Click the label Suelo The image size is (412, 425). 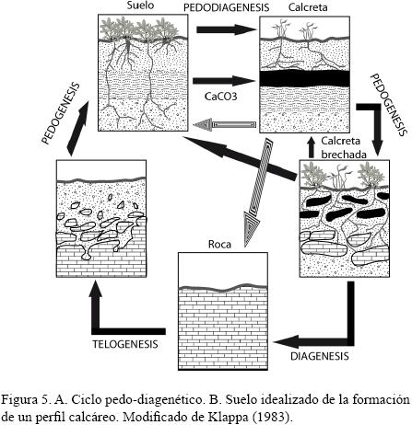pos(140,6)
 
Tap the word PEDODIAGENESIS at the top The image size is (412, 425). pos(226,7)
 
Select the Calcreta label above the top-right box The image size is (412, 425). pos(308,7)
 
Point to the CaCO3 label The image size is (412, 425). pos(221,97)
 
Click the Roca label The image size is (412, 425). pos(219,244)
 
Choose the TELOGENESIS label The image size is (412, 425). pos(125,344)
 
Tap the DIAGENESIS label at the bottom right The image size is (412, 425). pos(320,356)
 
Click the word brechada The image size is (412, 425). pos(344,155)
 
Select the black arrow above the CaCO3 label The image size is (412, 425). pos(224,81)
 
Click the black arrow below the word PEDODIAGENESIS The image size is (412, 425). pos(227,29)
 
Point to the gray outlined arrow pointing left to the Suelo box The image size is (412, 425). pos(225,124)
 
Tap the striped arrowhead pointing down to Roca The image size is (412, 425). pos(252,228)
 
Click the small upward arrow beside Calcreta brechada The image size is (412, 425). pos(312,148)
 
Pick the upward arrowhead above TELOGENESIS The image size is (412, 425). pos(96,289)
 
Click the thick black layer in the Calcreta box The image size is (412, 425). pos(304,78)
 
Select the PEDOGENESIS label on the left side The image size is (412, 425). pos(61,113)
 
